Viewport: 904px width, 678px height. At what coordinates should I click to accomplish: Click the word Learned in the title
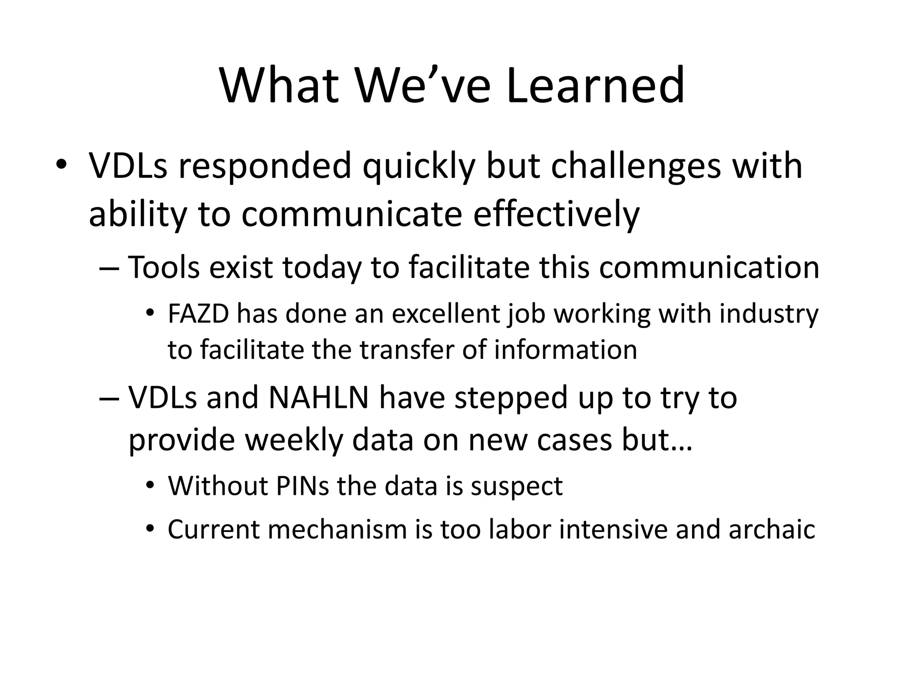tap(595, 85)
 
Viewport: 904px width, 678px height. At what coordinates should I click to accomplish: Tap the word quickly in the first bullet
tap(419, 167)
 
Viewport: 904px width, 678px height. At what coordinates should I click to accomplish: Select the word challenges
tap(635, 167)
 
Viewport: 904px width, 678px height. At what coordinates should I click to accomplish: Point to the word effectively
tap(556, 215)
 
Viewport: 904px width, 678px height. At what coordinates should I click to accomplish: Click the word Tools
tap(164, 267)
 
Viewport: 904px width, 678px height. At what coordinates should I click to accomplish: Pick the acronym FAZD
tap(199, 314)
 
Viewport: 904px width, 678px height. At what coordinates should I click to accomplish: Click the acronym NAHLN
tap(318, 397)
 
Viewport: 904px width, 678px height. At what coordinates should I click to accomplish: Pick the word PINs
tap(302, 486)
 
